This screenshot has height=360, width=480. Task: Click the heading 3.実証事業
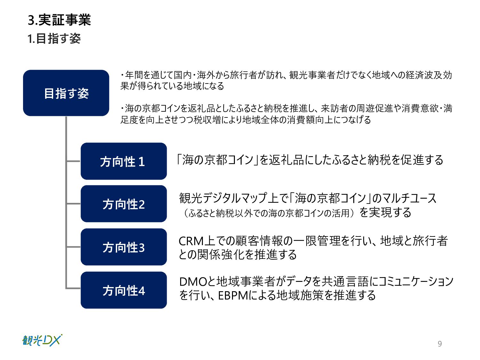coord(59,20)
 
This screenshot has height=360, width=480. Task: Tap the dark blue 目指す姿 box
coord(66,93)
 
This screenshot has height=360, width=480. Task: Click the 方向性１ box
coord(124,161)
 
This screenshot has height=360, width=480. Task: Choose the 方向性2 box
coord(124,204)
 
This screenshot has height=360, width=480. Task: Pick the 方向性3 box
coord(124,247)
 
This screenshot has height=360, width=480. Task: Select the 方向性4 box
coord(124,290)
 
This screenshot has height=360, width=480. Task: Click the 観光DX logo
coord(42,340)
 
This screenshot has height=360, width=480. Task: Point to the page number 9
coord(440,344)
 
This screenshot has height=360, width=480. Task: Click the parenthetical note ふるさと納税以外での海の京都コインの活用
coord(269,213)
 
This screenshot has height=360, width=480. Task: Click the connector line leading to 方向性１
coord(73,161)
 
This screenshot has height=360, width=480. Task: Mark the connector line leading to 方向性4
coord(73,288)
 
